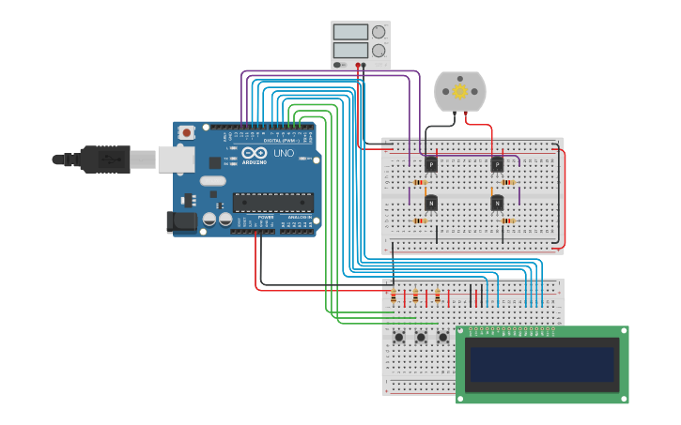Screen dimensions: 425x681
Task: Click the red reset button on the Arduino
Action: point(187,133)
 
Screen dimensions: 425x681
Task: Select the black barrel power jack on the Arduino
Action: point(181,222)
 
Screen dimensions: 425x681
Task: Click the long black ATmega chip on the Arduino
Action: point(273,202)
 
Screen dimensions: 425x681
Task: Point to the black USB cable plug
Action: point(104,159)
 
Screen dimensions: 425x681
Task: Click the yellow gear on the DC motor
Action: point(460,91)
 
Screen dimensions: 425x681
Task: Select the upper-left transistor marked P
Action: point(431,164)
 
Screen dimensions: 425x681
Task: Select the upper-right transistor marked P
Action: point(497,164)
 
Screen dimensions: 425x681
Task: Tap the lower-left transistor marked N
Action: point(431,203)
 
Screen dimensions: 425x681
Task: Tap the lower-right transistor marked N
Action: point(497,203)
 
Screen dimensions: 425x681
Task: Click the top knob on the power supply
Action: point(379,32)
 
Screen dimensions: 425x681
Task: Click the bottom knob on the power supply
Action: point(379,51)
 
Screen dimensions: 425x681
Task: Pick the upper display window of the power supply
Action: point(350,32)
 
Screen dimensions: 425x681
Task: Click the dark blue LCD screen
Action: point(542,364)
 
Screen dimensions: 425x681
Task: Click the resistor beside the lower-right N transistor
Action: point(508,221)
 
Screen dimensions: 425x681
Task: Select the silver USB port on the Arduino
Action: point(176,159)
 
